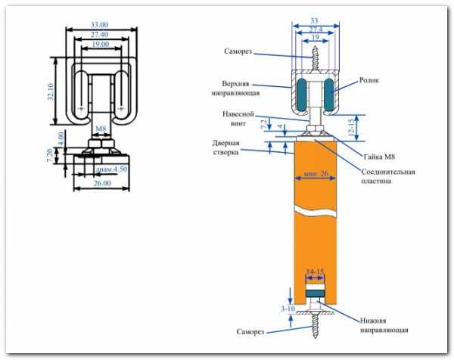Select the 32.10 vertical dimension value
(x=51, y=92)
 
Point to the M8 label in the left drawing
(x=100, y=129)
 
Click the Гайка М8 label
(x=379, y=157)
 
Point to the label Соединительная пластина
(x=387, y=176)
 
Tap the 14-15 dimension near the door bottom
(x=315, y=270)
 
